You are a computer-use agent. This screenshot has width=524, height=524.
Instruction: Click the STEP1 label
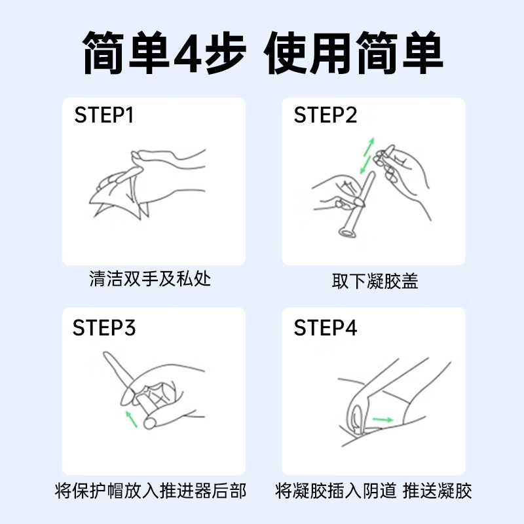point(104,115)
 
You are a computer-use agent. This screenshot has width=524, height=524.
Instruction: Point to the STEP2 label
point(326,115)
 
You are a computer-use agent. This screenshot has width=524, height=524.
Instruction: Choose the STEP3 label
point(104,327)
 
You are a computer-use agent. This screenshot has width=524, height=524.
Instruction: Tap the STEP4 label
point(326,327)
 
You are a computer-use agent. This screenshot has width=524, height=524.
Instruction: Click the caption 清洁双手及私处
point(150,280)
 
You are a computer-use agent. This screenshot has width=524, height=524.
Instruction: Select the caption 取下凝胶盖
point(375,282)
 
